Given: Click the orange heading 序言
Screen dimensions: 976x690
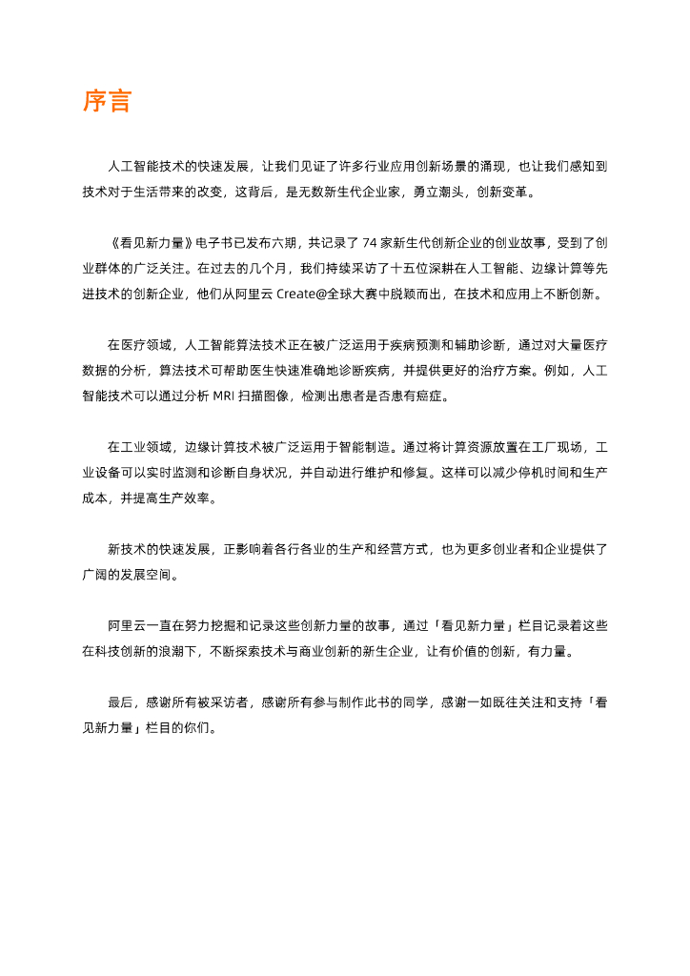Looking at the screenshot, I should (x=107, y=102).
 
